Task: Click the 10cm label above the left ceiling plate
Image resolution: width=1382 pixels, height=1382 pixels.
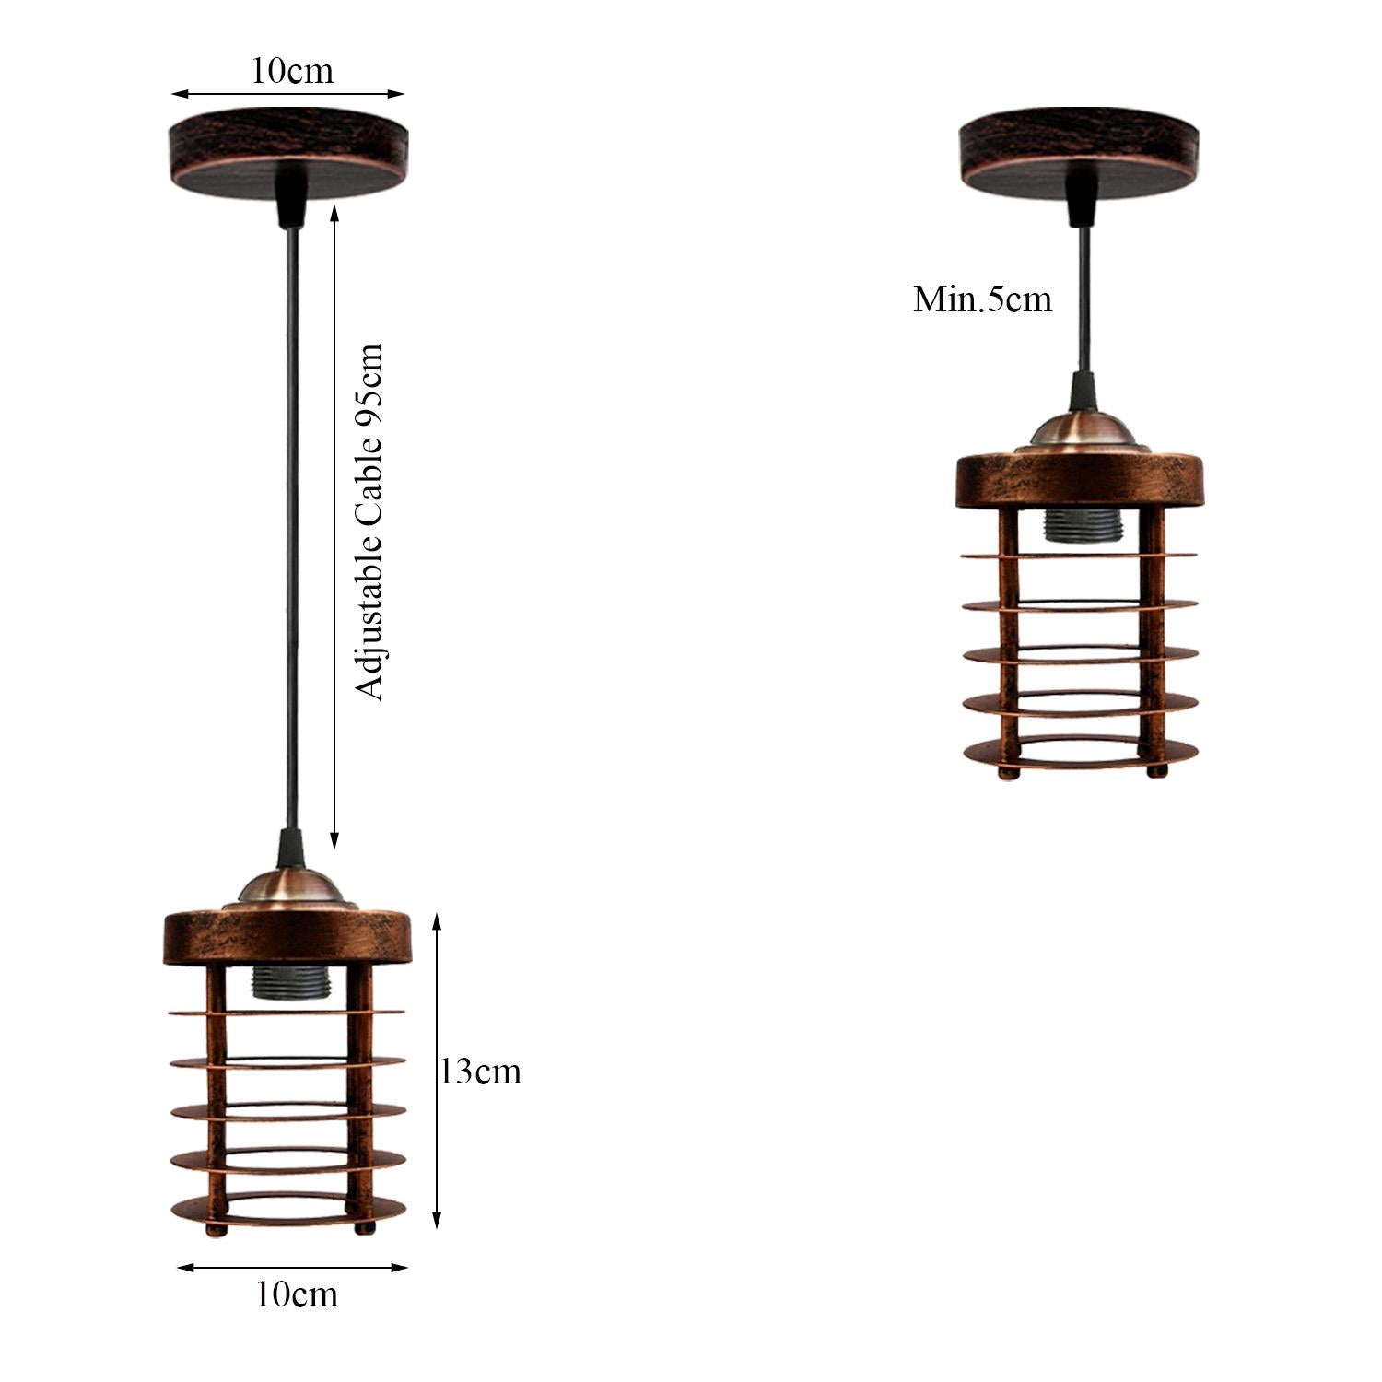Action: pyautogui.click(x=292, y=71)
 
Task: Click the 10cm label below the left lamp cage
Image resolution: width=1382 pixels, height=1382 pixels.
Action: pyautogui.click(x=297, y=1294)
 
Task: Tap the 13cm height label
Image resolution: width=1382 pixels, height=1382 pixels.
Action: pyautogui.click(x=480, y=1072)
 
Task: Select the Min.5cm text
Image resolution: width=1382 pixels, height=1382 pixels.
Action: pyautogui.click(x=982, y=299)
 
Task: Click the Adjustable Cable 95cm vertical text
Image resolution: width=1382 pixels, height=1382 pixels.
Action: pyautogui.click(x=369, y=522)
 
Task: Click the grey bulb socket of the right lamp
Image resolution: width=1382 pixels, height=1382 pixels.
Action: pyautogui.click(x=1079, y=526)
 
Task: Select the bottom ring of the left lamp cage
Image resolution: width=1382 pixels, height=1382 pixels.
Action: pyautogui.click(x=287, y=1207)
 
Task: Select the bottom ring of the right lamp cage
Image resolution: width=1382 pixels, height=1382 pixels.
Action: pyautogui.click(x=1080, y=750)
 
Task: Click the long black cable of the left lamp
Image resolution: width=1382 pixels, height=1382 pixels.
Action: pyautogui.click(x=292, y=516)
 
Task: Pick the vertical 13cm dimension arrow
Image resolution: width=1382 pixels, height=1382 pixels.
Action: pyautogui.click(x=437, y=1072)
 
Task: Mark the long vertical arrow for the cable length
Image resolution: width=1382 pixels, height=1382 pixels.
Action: pyautogui.click(x=334, y=525)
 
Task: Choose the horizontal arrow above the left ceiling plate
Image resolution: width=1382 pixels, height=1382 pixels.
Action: pyautogui.click(x=288, y=93)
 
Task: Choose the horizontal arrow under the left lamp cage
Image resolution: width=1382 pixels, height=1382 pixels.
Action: pyautogui.click(x=292, y=1268)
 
